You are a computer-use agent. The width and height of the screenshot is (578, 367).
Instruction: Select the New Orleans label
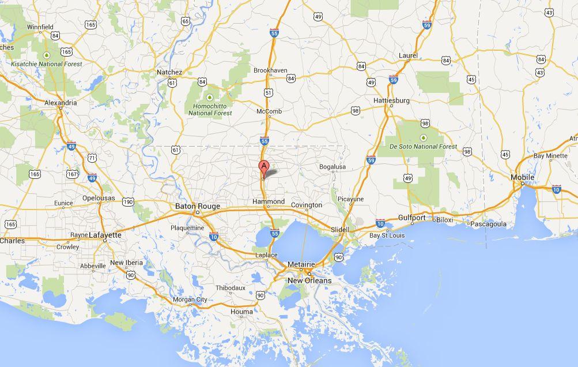point(309,280)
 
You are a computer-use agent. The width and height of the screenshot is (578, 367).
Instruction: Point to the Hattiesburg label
point(391,100)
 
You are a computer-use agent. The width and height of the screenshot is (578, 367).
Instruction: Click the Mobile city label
point(523,177)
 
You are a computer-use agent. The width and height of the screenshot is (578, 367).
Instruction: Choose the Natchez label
point(169,72)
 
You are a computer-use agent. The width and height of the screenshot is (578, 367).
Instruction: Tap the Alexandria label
point(61,103)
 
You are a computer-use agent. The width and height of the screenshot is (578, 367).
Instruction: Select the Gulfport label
point(412,218)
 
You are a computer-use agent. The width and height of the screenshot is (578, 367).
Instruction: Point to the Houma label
point(241,312)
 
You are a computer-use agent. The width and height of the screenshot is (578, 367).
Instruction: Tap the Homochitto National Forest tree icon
point(210,96)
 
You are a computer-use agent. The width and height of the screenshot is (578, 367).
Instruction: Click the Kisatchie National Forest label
point(46,64)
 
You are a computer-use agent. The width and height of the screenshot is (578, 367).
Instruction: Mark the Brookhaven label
point(270,70)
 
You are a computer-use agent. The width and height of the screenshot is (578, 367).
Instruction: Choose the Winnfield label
point(40,27)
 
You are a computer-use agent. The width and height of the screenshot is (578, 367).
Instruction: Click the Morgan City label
point(190,299)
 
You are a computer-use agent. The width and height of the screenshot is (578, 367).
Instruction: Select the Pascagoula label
point(488,224)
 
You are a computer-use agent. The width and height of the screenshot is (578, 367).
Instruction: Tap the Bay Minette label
point(550,156)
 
